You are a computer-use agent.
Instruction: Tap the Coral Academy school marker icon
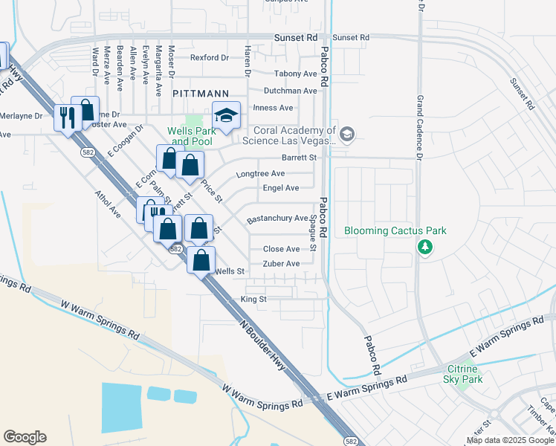click(x=347, y=134)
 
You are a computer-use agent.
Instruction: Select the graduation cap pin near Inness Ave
click(x=226, y=115)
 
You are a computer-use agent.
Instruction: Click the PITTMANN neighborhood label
click(x=201, y=94)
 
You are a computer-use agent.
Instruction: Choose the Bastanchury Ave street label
click(x=277, y=219)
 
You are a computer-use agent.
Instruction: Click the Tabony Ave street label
click(x=295, y=74)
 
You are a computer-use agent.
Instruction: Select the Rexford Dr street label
click(x=209, y=57)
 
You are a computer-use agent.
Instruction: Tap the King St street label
click(x=253, y=299)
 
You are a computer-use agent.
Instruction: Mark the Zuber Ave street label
click(x=282, y=264)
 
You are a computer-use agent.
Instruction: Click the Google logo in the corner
click(x=25, y=437)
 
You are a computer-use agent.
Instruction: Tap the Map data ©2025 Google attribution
click(x=511, y=440)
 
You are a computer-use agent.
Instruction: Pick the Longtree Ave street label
click(x=260, y=174)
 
